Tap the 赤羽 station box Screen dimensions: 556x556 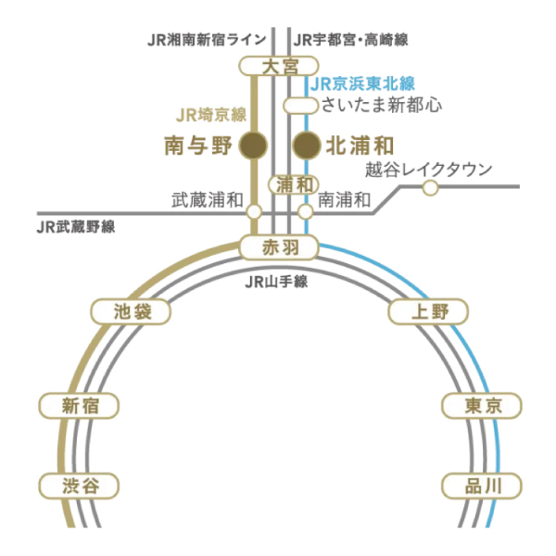tap(279, 247)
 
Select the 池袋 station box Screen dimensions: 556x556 tap(132, 312)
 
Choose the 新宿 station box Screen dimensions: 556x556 tap(80, 405)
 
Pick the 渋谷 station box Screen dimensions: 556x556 tap(80, 485)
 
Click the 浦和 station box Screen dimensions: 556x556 tap(293, 184)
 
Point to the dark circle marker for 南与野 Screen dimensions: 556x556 tap(253, 145)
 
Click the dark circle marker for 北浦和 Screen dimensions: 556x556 tap(306, 145)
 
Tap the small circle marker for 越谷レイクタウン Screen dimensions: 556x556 tap(430, 188)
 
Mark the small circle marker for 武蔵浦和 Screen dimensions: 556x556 tap(254, 212)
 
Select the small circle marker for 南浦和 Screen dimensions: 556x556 tap(306, 212)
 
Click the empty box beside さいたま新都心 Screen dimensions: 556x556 tap(297, 105)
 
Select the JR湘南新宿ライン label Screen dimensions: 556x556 tap(208, 40)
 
